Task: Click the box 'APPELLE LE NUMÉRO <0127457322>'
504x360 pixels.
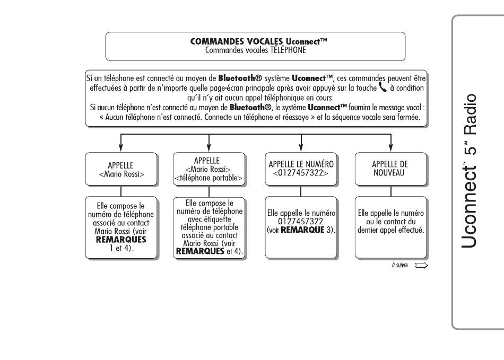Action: click(x=301, y=169)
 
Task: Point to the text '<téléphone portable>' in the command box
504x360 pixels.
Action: click(x=209, y=178)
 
